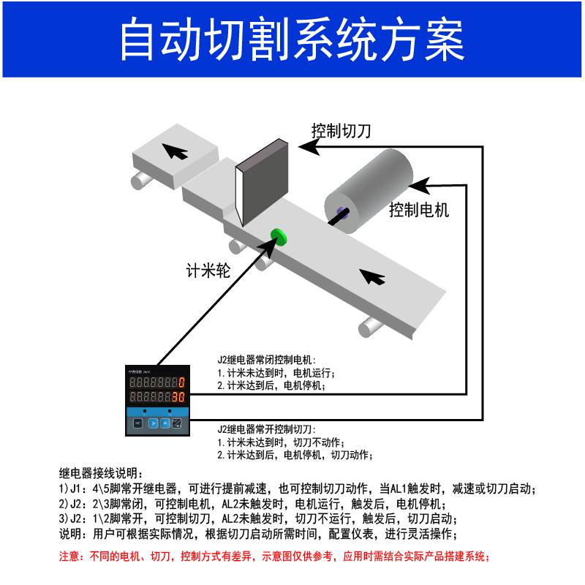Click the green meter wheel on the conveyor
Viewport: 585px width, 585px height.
click(277, 235)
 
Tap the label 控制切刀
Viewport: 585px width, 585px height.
click(341, 132)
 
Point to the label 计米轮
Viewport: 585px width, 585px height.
click(208, 271)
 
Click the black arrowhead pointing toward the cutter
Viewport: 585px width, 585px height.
click(310, 148)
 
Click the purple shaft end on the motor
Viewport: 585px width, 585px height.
click(341, 214)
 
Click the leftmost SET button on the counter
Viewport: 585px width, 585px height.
click(137, 423)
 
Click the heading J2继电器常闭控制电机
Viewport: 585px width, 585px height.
click(265, 360)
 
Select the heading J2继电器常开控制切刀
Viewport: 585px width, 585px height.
click(265, 430)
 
